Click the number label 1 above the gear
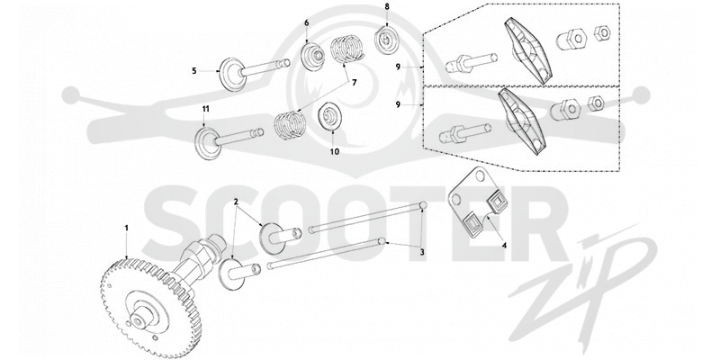click(x=127, y=228)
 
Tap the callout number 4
click(x=504, y=245)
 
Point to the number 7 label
click(x=354, y=83)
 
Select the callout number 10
click(x=335, y=151)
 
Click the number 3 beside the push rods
click(x=421, y=252)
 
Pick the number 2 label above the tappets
click(x=236, y=202)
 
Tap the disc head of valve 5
click(x=232, y=75)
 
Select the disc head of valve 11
click(x=208, y=143)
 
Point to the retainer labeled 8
click(x=386, y=40)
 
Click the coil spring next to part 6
click(x=347, y=49)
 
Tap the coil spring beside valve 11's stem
click(x=290, y=124)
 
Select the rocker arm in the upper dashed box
click(x=526, y=50)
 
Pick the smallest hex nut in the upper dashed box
click(x=602, y=33)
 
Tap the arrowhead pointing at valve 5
click(x=218, y=71)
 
